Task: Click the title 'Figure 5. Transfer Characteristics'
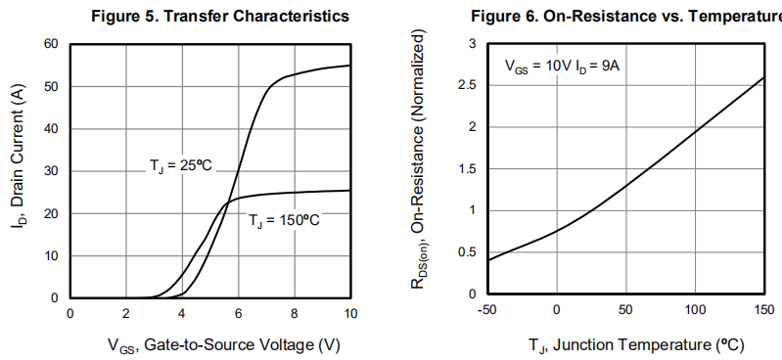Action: pos(219,17)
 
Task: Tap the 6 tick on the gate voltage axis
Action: pos(238,313)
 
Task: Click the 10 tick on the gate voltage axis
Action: pos(350,313)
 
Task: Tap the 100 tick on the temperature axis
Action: pos(694,311)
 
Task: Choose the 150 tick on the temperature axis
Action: pos(763,311)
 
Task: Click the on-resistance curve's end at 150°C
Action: pos(763,78)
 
